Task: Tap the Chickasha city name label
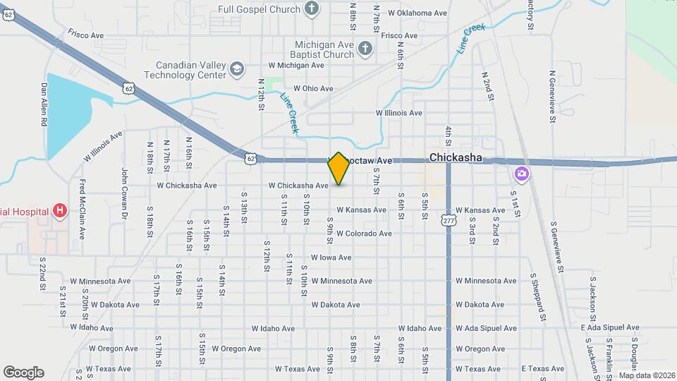tap(456, 157)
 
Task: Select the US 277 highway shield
tap(448, 221)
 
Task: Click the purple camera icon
tap(522, 173)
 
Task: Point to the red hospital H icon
tap(60, 211)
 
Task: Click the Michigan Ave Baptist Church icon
tap(364, 49)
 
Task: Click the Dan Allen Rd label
tap(44, 104)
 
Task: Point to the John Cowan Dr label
tap(124, 190)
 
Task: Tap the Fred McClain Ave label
tap(83, 209)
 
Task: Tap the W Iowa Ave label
tap(331, 258)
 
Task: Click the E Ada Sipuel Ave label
tap(610, 327)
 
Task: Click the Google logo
tap(23, 373)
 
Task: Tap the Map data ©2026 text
tap(647, 375)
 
